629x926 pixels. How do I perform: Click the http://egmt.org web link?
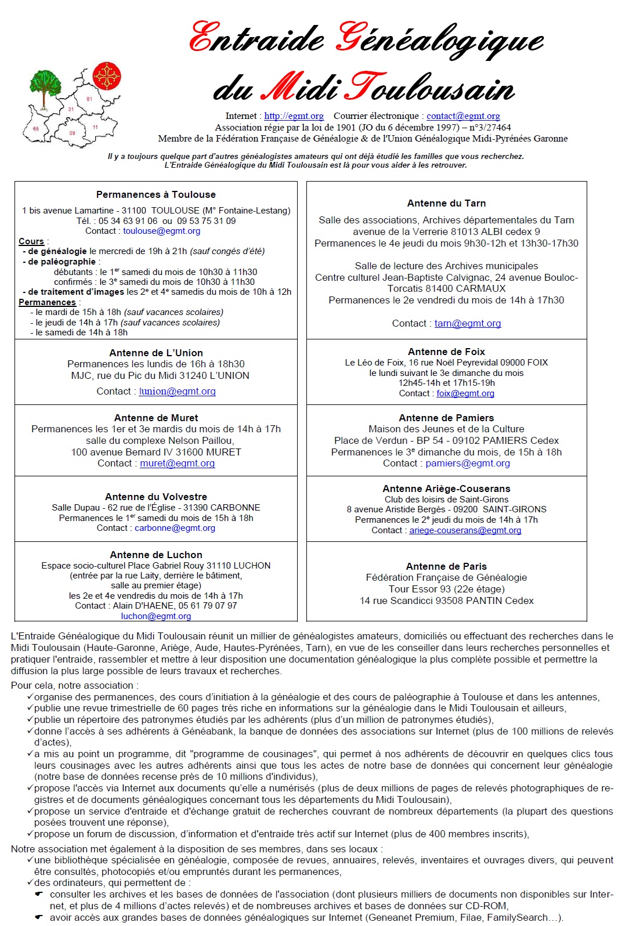[294, 116]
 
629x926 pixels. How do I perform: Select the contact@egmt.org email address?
[463, 116]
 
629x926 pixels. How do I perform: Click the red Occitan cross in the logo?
[107, 76]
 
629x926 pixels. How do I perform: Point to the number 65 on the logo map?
[36, 129]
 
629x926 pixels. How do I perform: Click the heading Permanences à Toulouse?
[156, 195]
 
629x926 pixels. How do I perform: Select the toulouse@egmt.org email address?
[161, 231]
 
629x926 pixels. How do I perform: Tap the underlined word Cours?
[31, 241]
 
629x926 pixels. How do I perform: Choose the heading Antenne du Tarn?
[446, 204]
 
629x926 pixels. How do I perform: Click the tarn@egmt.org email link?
[468, 324]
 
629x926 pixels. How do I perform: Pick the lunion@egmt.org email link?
[177, 392]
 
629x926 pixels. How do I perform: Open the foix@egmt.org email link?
[465, 393]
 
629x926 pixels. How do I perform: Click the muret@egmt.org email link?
[177, 464]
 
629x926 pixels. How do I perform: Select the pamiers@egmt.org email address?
[468, 464]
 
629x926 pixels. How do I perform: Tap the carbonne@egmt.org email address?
[175, 528]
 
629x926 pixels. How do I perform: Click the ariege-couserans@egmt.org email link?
[465, 530]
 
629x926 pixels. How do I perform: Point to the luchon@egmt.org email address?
[156, 616]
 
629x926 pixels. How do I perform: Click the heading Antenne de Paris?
[446, 566]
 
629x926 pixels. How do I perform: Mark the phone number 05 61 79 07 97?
[208, 606]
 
